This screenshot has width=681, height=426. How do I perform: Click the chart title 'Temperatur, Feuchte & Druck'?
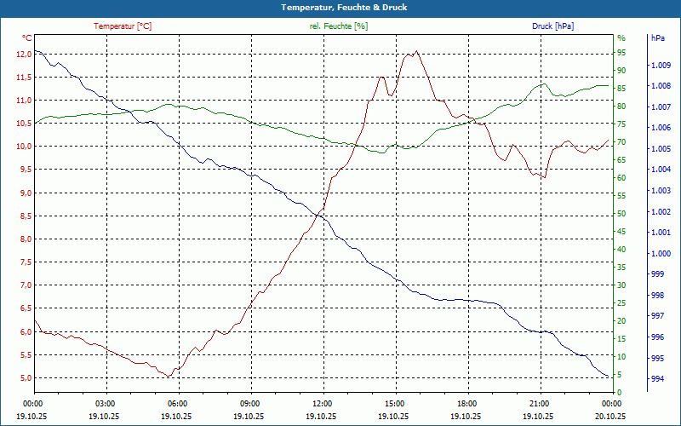click(340, 8)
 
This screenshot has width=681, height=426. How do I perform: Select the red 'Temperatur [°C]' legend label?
click(123, 26)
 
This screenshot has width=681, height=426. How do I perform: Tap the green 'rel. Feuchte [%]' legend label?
click(339, 26)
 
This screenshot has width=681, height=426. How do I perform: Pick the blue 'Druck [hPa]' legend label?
click(552, 26)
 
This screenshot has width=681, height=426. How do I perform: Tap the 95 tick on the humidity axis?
click(621, 54)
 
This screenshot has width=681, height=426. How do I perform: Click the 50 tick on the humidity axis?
click(621, 214)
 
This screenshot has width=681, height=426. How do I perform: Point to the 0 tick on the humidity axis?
click(619, 393)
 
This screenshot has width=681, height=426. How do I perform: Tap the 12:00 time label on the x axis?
click(323, 403)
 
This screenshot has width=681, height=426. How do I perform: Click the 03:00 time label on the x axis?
click(106, 403)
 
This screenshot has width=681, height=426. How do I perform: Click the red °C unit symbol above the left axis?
click(27, 38)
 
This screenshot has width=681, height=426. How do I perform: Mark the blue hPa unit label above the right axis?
click(657, 38)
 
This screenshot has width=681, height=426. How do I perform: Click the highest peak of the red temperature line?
click(415, 51)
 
